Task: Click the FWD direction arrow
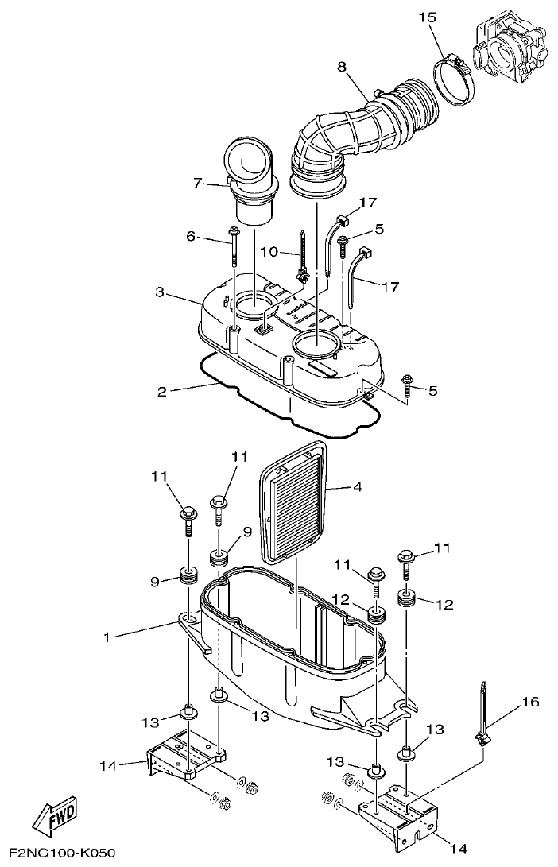[56, 815]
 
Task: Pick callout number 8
[343, 67]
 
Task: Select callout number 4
[357, 486]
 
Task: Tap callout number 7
[199, 184]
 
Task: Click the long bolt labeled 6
[235, 248]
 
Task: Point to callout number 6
[191, 236]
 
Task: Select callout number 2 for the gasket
[161, 390]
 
